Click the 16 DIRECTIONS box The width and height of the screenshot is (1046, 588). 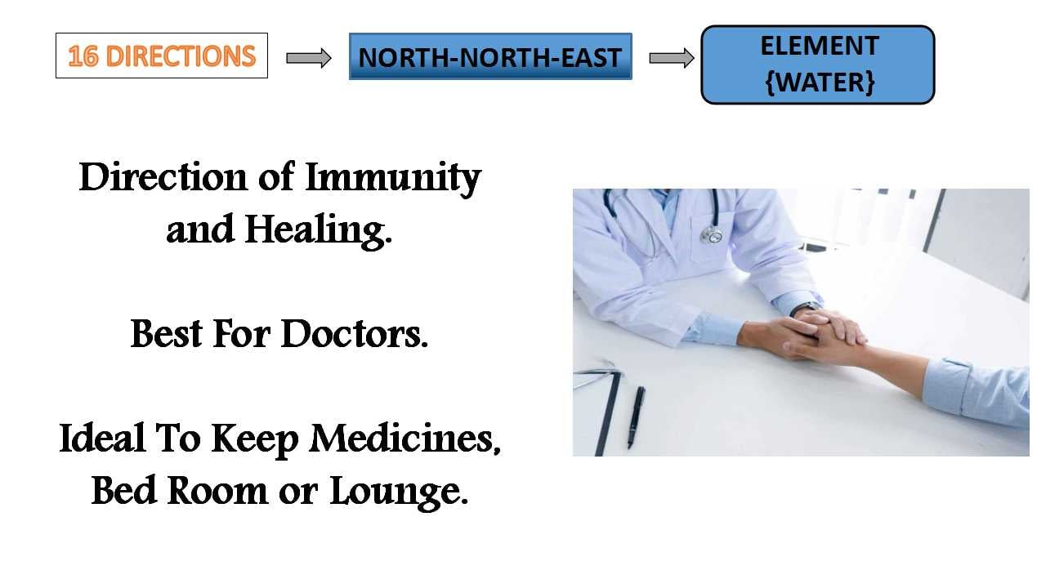pos(162,56)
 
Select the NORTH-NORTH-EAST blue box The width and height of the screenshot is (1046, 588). pos(490,56)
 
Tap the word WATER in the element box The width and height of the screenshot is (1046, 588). pos(820,82)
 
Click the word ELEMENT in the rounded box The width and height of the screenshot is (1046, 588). pos(820,46)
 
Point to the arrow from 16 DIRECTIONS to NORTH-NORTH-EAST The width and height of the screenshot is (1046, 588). pos(309,58)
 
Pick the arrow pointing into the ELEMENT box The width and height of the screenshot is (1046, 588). pos(672,58)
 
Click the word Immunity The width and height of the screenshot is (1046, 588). pos(393,179)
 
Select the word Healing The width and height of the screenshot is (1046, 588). pos(319,231)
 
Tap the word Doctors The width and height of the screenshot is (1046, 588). pos(355,334)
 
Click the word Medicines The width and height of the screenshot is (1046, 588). pos(405,439)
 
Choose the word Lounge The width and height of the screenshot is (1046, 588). pos(399,492)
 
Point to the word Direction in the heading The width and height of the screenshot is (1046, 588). pos(163,177)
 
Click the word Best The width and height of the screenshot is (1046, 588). pos(167,334)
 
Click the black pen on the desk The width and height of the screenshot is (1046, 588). pos(636,417)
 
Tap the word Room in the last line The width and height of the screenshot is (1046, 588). pos(217,492)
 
